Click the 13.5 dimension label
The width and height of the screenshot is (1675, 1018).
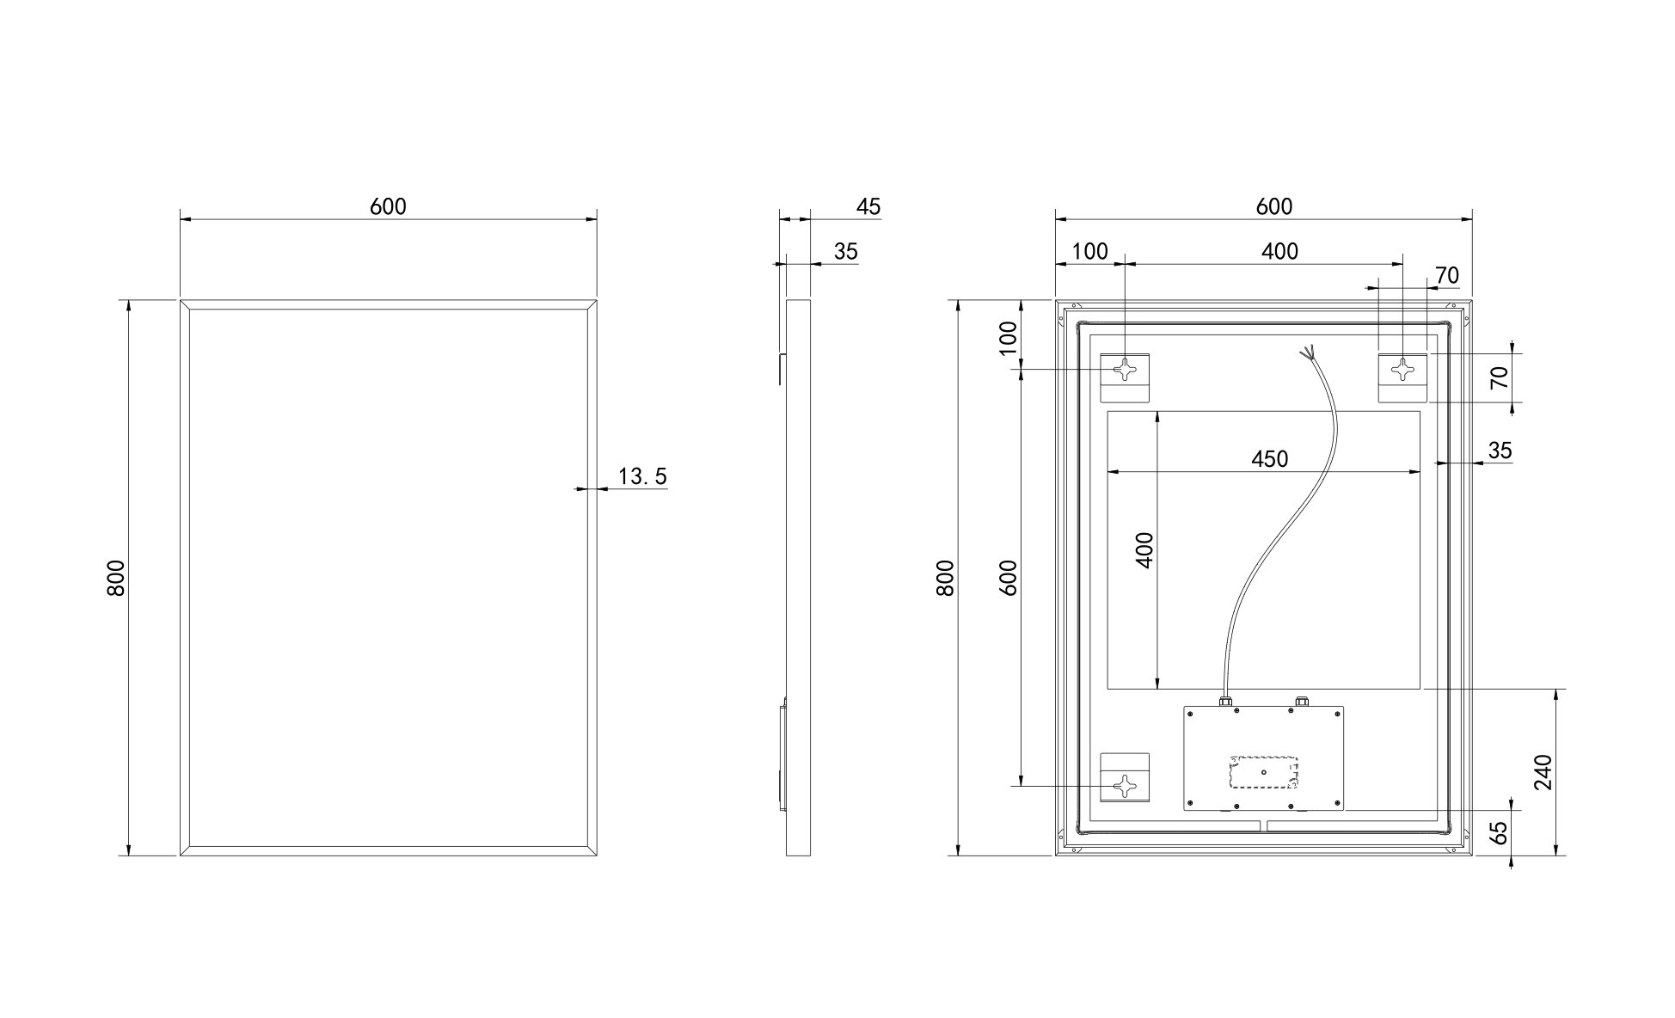642,476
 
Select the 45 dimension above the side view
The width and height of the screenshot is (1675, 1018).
868,206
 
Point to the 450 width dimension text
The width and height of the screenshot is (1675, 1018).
1270,459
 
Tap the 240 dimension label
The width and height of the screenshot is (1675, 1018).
1543,772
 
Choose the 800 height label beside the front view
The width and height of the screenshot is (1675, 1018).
117,578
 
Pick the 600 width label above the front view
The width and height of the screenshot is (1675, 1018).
388,206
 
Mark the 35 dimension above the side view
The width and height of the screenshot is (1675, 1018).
846,251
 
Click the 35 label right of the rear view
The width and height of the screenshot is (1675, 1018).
1500,451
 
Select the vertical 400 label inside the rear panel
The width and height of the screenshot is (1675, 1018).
1144,550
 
